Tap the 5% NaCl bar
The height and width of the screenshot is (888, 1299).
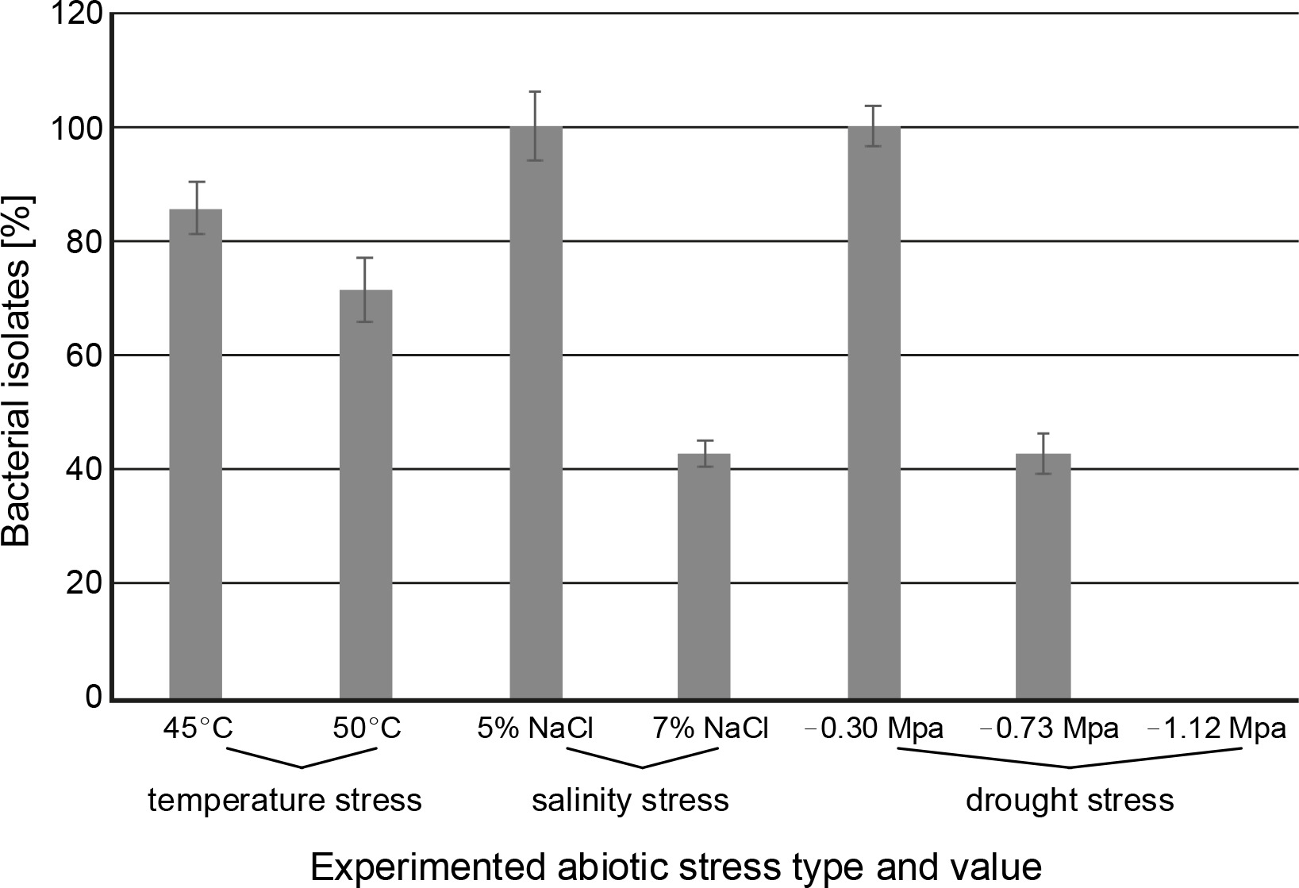[x=536, y=413]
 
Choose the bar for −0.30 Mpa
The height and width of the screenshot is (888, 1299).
[x=874, y=413]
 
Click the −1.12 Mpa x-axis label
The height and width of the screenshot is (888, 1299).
[x=1216, y=728]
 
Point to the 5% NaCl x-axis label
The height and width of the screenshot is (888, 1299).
[x=535, y=728]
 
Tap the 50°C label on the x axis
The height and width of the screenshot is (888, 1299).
[x=366, y=728]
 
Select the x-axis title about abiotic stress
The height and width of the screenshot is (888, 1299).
[x=674, y=868]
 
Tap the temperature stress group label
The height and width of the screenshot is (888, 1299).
[x=285, y=800]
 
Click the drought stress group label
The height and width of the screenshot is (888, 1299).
[x=1069, y=800]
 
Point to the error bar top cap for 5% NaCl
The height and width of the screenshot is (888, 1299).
[x=536, y=92]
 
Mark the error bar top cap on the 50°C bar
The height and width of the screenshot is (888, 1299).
[x=366, y=258]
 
